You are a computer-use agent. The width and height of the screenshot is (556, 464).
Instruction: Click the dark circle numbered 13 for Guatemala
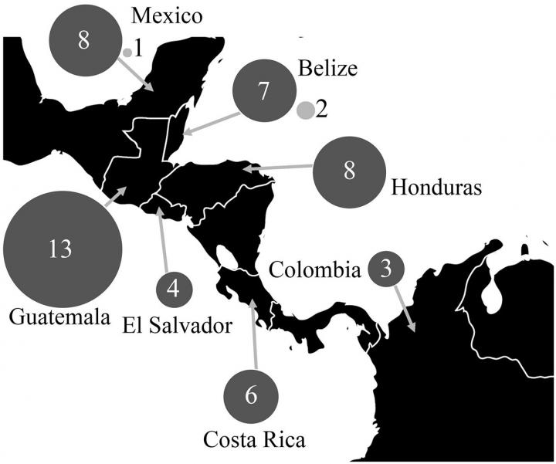click(x=62, y=249)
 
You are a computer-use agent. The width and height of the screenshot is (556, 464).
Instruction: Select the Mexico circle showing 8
click(x=83, y=42)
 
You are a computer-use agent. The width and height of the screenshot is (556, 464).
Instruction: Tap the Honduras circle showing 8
click(x=349, y=171)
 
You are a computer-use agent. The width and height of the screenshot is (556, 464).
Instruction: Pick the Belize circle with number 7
click(x=263, y=92)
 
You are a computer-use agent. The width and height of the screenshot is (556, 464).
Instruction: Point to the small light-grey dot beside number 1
click(x=127, y=52)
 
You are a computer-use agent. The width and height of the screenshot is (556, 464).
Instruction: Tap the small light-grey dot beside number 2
click(x=306, y=110)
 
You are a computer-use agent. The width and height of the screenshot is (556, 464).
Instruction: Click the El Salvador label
click(x=177, y=326)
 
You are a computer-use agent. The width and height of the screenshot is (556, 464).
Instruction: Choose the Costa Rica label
click(x=254, y=440)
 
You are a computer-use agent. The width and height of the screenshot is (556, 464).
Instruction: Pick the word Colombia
click(x=315, y=270)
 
